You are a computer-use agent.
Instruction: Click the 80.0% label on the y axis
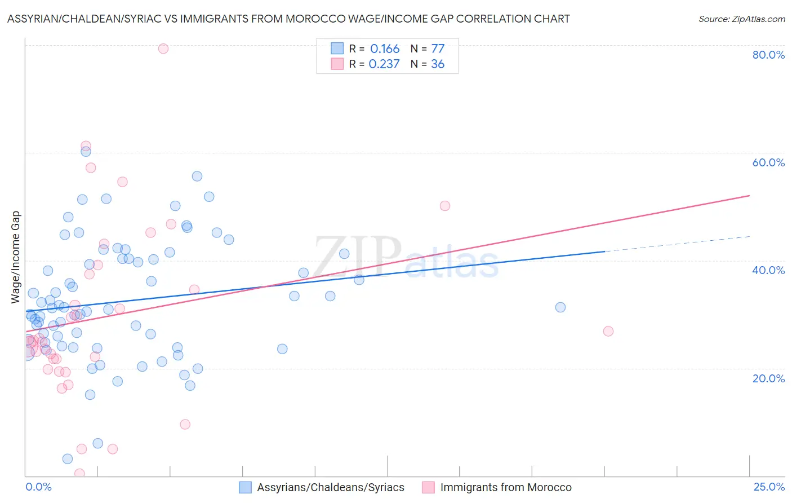click(x=768, y=55)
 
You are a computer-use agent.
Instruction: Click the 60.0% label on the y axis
click(x=768, y=162)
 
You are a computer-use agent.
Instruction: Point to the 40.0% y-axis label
click(x=768, y=270)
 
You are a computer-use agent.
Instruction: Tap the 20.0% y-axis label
click(x=768, y=378)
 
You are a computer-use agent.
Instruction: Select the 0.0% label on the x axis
click(x=38, y=487)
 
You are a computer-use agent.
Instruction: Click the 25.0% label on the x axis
click(x=768, y=487)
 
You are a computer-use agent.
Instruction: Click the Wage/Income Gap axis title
click(x=16, y=257)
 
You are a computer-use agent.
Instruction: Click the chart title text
click(x=288, y=19)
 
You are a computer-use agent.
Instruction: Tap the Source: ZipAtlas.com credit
click(x=741, y=19)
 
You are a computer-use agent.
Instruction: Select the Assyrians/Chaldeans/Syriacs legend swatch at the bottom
click(x=245, y=487)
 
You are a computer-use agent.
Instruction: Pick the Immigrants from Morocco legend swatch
click(x=428, y=487)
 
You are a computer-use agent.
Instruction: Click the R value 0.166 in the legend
click(x=385, y=49)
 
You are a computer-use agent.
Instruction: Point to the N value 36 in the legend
click(x=438, y=64)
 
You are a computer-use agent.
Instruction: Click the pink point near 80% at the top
click(x=163, y=48)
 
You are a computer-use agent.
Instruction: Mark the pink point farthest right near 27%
click(x=608, y=331)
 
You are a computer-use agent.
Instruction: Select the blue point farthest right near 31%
click(x=560, y=307)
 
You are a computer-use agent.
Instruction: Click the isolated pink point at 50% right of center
click(x=445, y=206)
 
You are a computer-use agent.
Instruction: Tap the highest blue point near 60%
click(x=86, y=151)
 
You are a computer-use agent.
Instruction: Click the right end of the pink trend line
click(x=749, y=196)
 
